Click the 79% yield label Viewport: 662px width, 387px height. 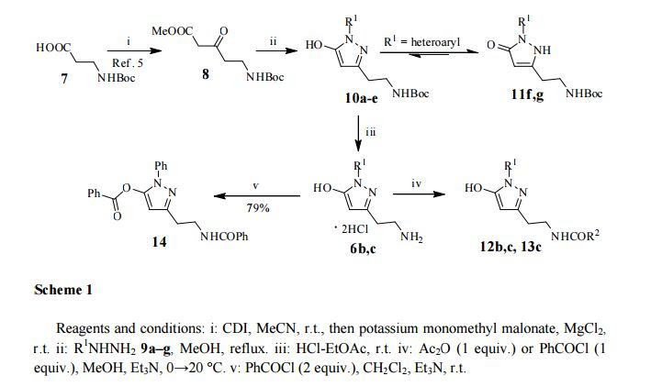tap(257, 207)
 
